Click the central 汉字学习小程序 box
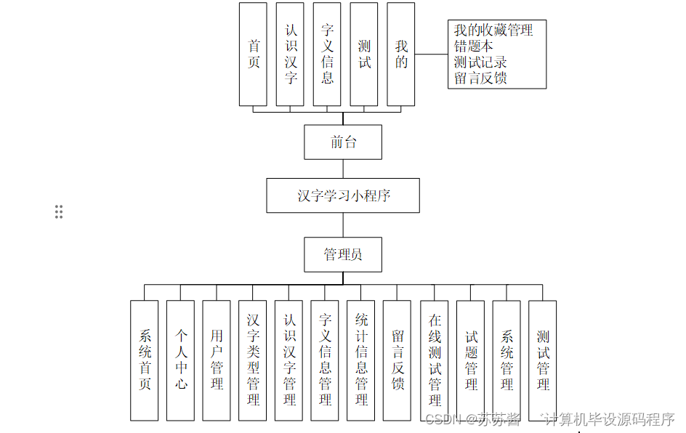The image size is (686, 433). click(x=343, y=195)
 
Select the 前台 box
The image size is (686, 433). click(x=343, y=142)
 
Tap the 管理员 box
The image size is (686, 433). click(x=343, y=254)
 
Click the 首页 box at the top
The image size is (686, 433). click(x=253, y=54)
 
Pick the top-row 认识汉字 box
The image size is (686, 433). click(x=290, y=54)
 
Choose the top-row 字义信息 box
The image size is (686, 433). click(x=327, y=54)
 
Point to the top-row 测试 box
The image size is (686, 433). click(x=364, y=54)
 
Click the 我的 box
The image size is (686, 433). click(x=401, y=54)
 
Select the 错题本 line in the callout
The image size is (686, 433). click(x=474, y=46)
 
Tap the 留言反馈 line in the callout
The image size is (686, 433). click(x=480, y=78)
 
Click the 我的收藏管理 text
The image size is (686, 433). click(x=493, y=31)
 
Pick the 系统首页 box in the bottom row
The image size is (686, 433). click(x=145, y=360)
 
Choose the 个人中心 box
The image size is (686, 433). click(x=181, y=360)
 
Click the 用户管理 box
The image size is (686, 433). click(x=217, y=360)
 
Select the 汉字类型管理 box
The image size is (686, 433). click(x=253, y=360)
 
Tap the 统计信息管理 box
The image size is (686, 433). click(x=361, y=360)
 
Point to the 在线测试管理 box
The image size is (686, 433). click(x=435, y=360)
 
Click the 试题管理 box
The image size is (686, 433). click(x=471, y=360)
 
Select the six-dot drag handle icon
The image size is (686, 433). click(x=59, y=211)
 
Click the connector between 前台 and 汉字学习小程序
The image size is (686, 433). click(x=343, y=169)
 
